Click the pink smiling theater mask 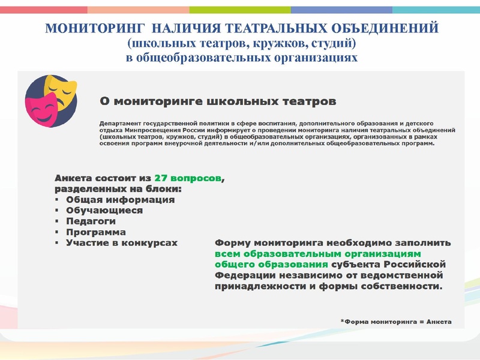[40, 108]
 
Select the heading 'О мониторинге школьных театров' [214, 100]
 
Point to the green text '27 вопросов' [187, 178]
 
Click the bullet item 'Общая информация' [120, 200]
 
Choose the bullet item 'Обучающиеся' [104, 211]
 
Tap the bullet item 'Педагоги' [91, 221]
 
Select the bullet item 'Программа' [95, 232]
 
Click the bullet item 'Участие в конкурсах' [122, 243]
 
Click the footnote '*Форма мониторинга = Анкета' [395, 322]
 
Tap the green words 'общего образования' [271, 265]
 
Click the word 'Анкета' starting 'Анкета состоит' [74, 178]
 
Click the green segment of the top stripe [240, 10]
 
